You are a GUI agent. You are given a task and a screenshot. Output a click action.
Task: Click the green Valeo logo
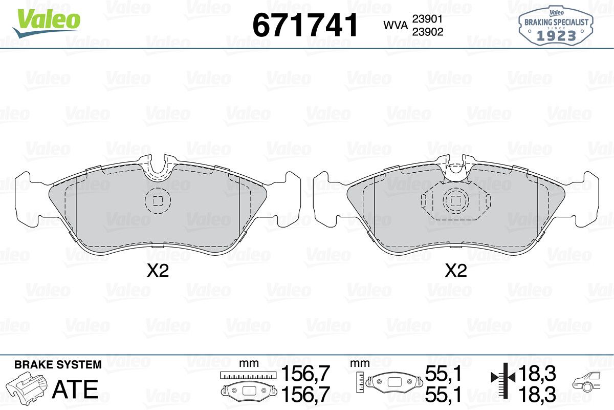click(x=47, y=24)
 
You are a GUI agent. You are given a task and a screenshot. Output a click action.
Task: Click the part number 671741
click(x=305, y=25)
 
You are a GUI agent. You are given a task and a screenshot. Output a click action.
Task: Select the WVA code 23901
click(x=428, y=19)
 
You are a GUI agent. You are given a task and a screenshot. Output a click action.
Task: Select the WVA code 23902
click(x=428, y=32)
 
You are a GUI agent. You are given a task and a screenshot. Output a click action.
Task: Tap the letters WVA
click(x=396, y=26)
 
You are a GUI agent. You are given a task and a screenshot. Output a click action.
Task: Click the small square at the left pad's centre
click(x=158, y=201)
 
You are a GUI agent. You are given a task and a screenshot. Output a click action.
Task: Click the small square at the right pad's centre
click(x=456, y=201)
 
